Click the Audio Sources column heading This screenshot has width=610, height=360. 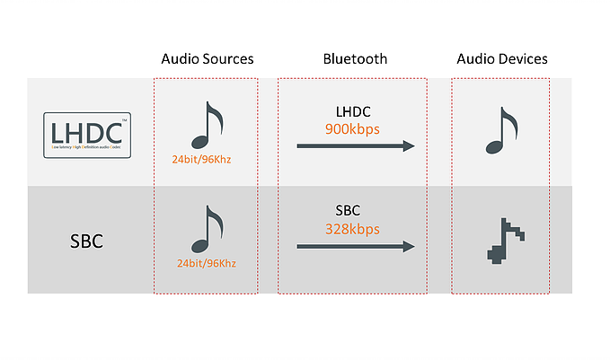[x=207, y=59]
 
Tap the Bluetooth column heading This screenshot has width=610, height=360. [x=355, y=59]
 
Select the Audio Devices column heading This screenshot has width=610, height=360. [x=501, y=59]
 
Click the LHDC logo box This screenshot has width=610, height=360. [x=89, y=135]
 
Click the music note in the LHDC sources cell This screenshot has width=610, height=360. [x=207, y=124]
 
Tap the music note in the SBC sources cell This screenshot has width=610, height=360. [x=207, y=230]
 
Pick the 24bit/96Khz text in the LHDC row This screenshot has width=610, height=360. [x=207, y=160]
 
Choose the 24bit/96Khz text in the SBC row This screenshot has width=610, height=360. [x=207, y=266]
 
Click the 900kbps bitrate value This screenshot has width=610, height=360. [x=352, y=128]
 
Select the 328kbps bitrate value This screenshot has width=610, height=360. [x=352, y=230]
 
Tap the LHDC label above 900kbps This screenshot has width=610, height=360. [x=352, y=112]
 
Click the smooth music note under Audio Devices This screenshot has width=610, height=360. [x=501, y=131]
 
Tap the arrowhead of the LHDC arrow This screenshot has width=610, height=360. [x=409, y=146]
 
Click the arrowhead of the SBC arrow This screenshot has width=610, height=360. [x=409, y=247]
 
